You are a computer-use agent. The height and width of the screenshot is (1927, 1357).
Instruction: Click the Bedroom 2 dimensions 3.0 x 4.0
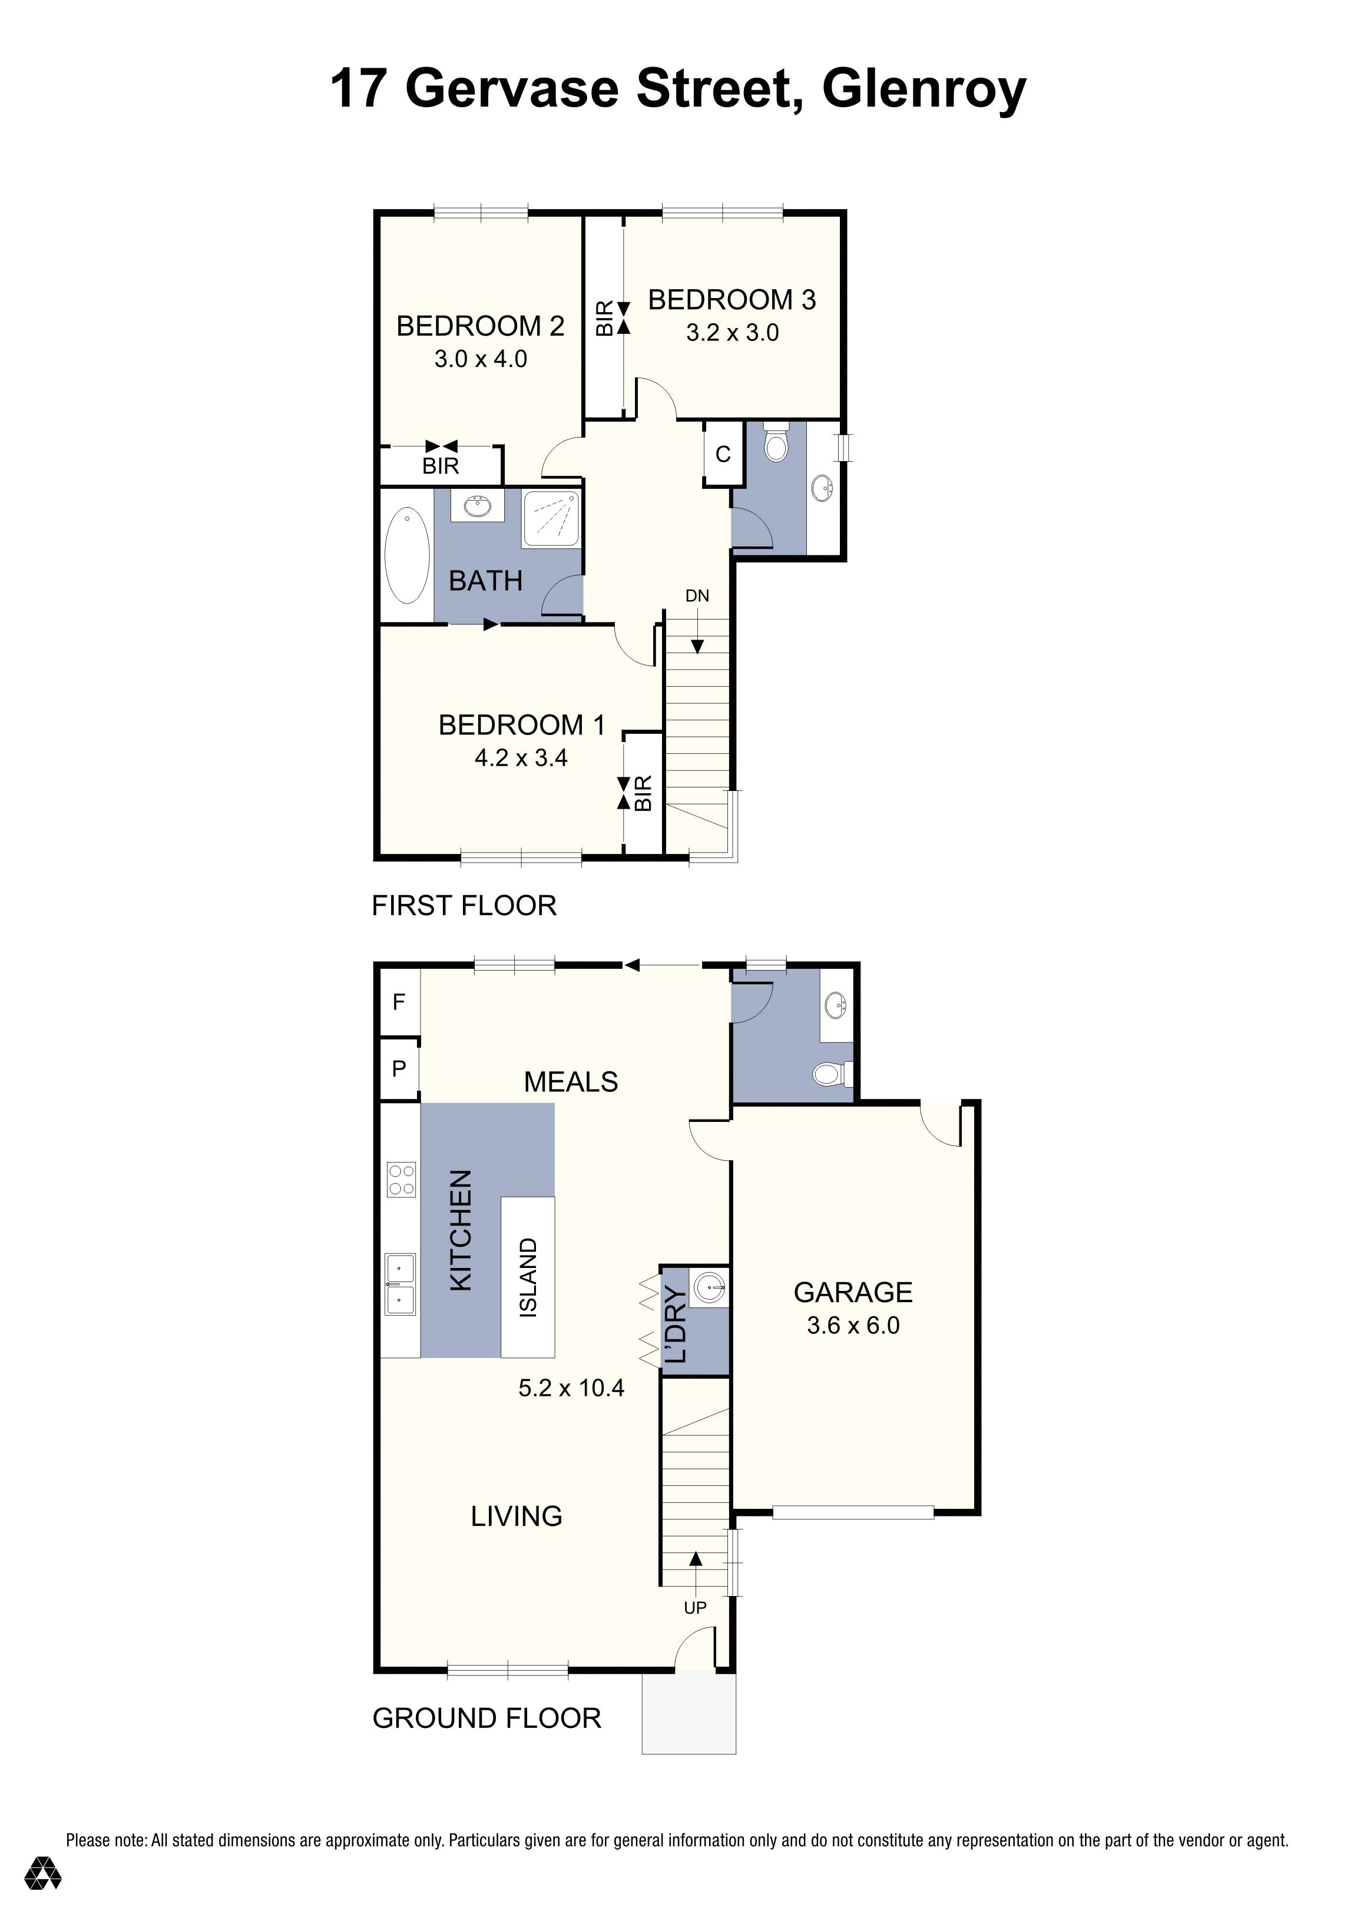coord(480,359)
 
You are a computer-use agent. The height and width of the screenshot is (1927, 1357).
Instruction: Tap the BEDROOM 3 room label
coord(731,300)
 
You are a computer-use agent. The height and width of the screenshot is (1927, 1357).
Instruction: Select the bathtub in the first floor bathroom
coord(407,555)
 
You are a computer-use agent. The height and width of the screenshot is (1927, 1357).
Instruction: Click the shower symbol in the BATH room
coord(551,519)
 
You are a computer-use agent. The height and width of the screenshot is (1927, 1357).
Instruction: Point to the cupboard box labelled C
coord(723,454)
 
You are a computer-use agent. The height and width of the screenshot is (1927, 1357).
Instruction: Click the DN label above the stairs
coord(697,596)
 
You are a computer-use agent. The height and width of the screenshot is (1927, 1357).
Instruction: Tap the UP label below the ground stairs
coord(695,1607)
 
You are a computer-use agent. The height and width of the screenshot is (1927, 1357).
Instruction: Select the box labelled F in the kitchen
coord(399,1001)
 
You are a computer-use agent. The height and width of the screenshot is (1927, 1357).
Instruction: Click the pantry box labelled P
coord(399,1068)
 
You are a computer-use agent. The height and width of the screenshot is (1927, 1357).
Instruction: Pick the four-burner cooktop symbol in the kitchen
coord(401,1178)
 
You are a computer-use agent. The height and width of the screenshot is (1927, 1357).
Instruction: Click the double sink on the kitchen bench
coord(401,1284)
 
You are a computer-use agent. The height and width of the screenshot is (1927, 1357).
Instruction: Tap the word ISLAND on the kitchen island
coord(528,1278)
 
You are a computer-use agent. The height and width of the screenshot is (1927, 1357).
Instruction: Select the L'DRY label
coord(676,1325)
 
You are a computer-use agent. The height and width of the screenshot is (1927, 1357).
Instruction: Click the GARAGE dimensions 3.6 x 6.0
coord(853,1325)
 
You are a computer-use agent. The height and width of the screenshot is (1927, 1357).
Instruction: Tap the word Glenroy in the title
coord(923,89)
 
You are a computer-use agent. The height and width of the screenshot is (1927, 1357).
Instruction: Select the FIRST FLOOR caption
coord(464,906)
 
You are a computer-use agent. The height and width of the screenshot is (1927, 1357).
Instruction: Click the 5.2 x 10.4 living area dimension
coord(571,1388)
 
